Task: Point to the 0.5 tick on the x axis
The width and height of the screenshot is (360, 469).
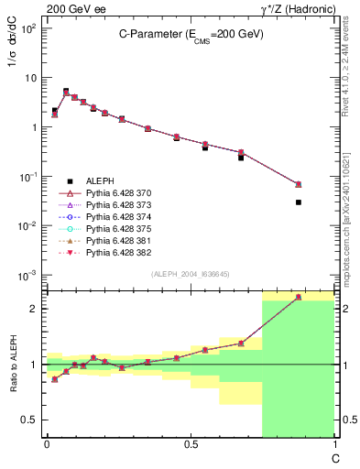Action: tap(191, 444)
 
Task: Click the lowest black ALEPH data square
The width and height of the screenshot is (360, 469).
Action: tap(299, 202)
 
